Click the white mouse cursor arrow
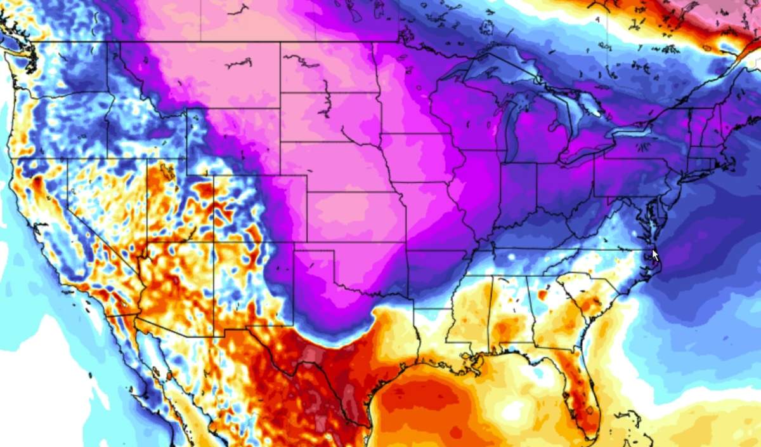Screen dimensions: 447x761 pos(656,255)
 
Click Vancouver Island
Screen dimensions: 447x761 pos(19,32)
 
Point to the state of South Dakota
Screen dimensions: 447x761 pos(330,117)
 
